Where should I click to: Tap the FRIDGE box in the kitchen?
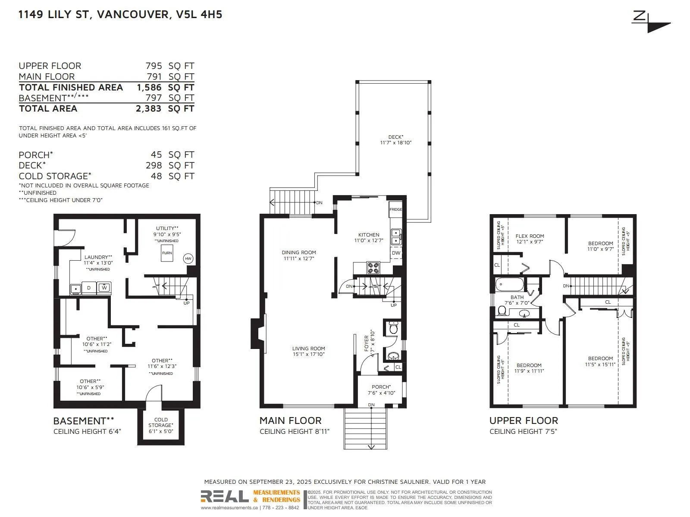click(x=395, y=209)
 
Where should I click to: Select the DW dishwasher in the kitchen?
click(x=396, y=253)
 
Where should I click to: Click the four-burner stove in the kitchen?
click(x=373, y=268)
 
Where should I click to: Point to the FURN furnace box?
click(x=167, y=253)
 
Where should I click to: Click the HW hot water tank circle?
click(x=188, y=258)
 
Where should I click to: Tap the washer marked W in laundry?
click(x=104, y=287)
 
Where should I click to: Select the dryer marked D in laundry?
click(x=89, y=288)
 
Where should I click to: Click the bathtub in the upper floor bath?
click(x=510, y=285)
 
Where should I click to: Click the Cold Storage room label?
click(x=160, y=422)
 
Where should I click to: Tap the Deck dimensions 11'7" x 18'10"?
click(x=396, y=143)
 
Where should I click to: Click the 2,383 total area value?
click(x=148, y=109)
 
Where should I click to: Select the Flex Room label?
click(x=530, y=236)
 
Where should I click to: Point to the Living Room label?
click(x=308, y=349)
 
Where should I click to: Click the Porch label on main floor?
click(x=381, y=387)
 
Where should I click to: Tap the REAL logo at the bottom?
click(x=225, y=497)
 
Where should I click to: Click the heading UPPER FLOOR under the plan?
click(x=524, y=420)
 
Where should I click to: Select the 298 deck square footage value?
click(x=154, y=165)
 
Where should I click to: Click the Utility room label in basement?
click(x=167, y=228)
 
